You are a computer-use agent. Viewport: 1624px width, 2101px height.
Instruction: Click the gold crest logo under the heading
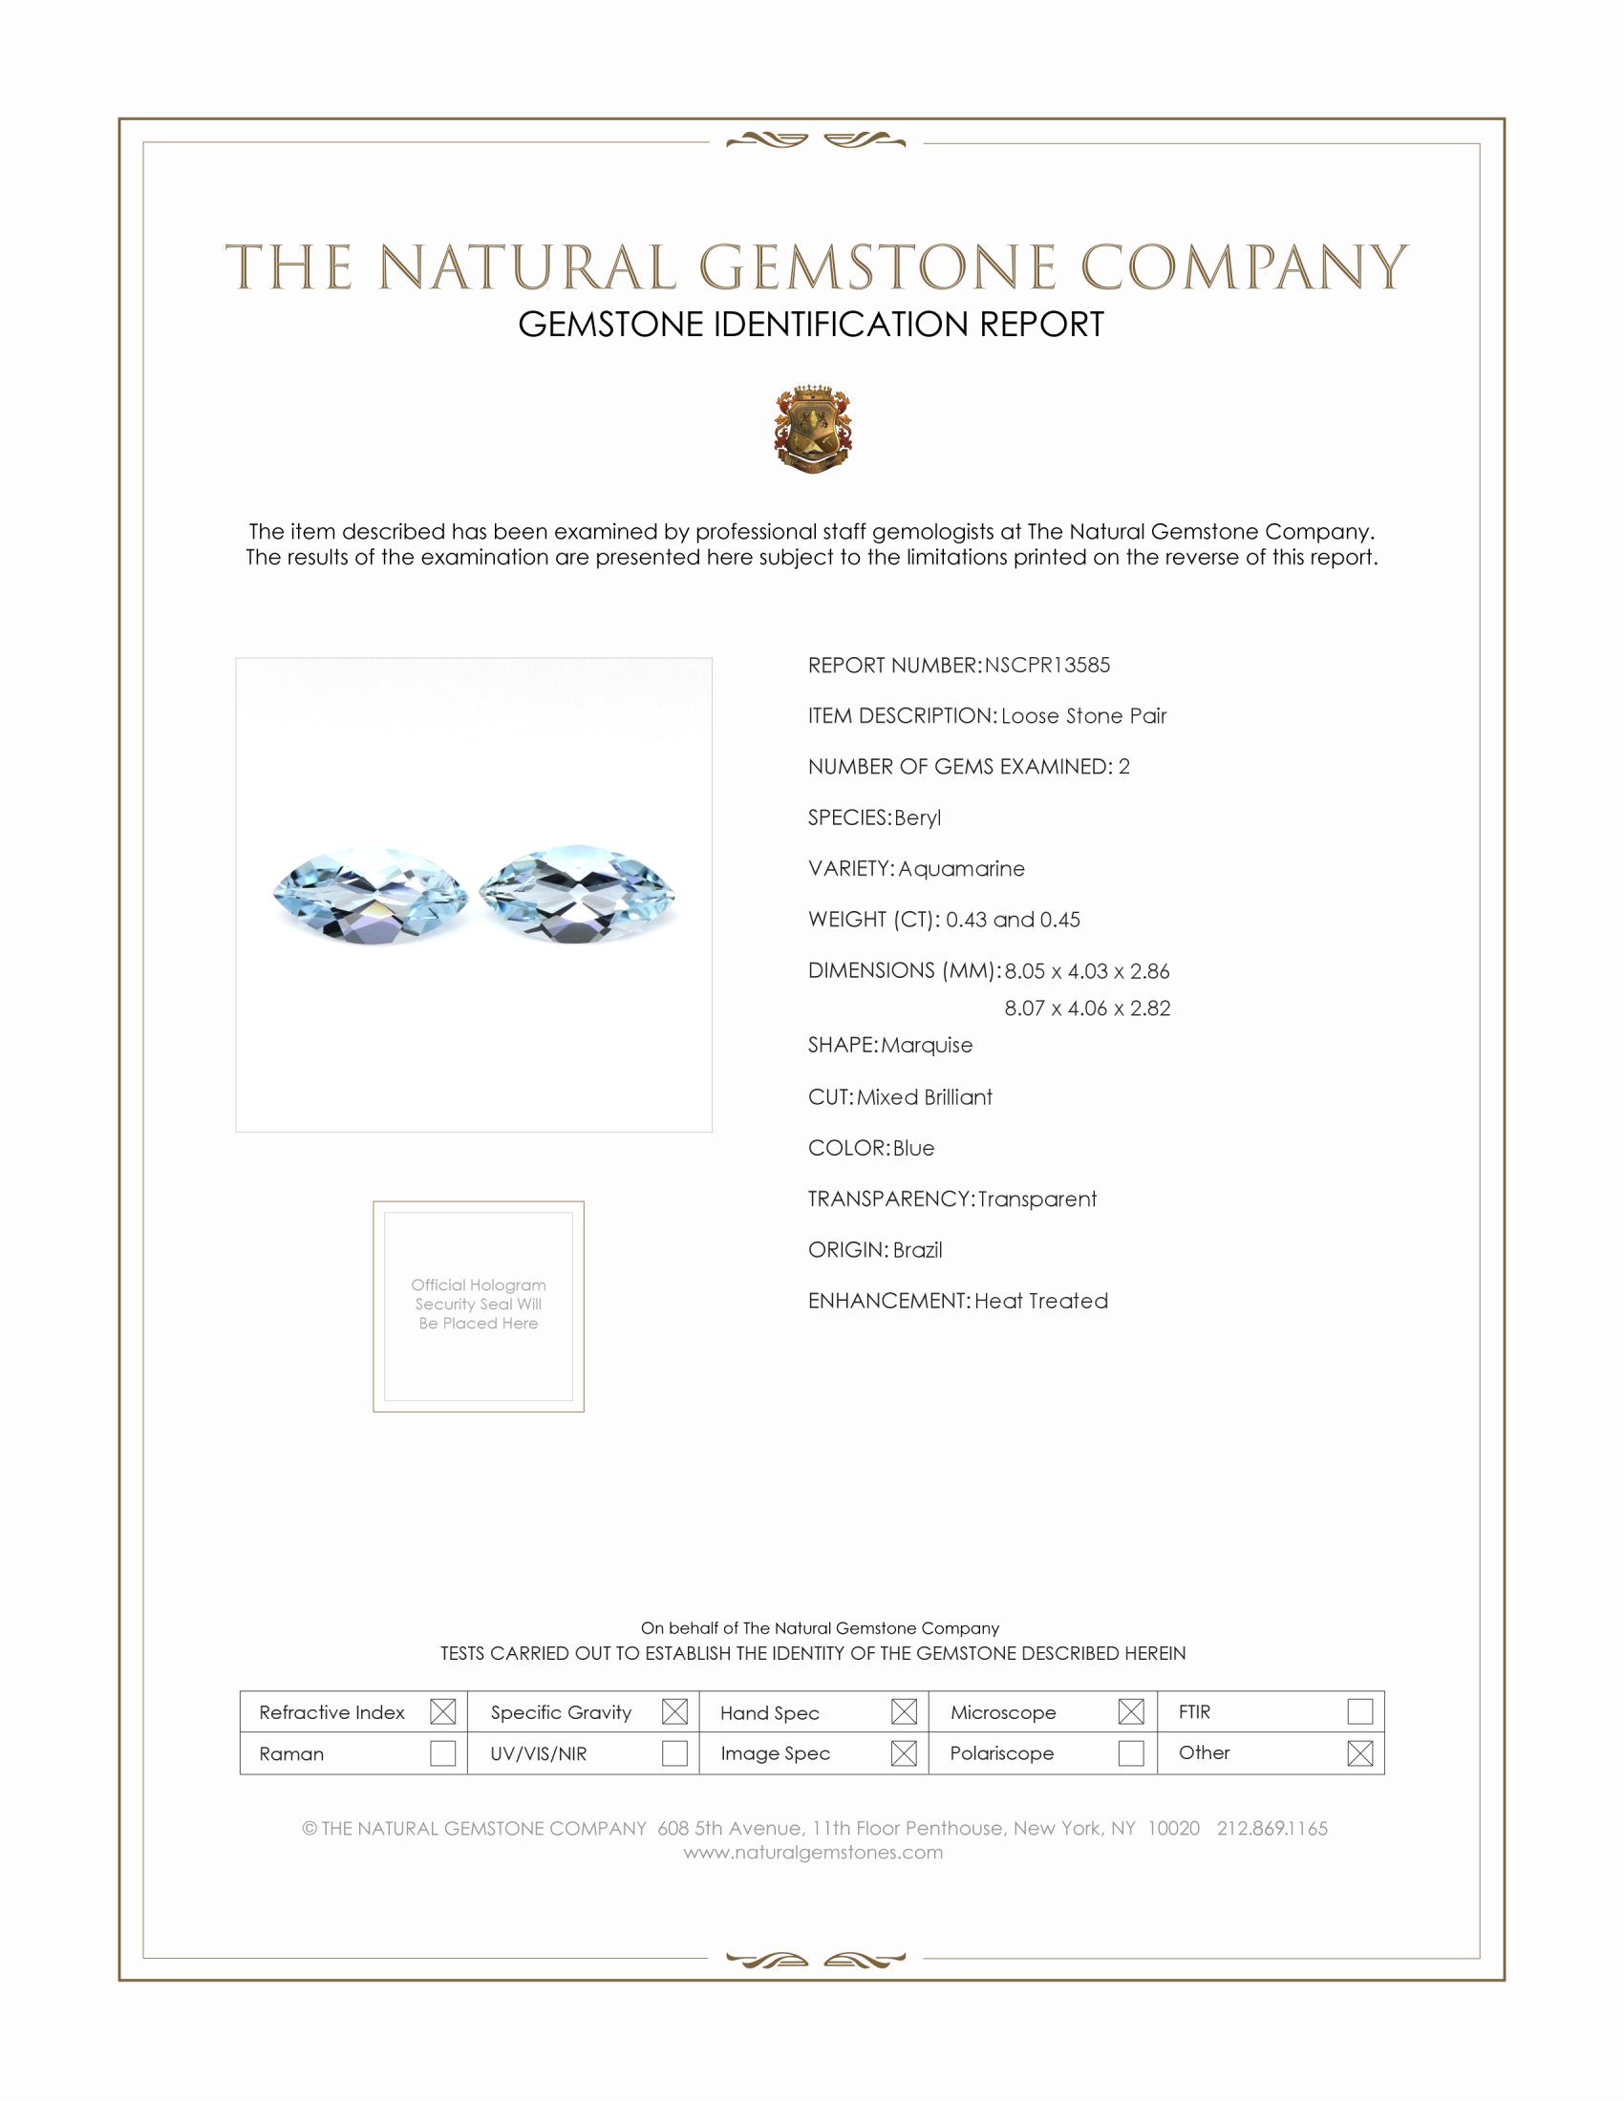click(813, 429)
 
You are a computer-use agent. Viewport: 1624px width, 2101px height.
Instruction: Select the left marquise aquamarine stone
click(372, 895)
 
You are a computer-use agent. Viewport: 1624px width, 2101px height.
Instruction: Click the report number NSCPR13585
click(1047, 665)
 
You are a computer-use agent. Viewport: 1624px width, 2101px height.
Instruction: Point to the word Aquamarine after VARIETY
click(961, 869)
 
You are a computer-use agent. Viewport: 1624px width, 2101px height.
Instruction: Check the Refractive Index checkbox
click(442, 1711)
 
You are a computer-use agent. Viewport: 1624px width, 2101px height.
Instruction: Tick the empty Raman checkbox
click(442, 1752)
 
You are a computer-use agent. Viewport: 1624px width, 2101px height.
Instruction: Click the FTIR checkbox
click(1359, 1711)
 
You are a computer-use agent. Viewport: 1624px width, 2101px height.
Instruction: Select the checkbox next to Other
click(1359, 1752)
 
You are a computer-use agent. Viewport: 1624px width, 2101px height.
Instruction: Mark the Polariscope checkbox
click(1131, 1752)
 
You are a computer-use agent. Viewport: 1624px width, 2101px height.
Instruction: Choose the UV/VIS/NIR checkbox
click(674, 1752)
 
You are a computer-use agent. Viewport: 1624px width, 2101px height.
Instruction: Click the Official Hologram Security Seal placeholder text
click(479, 1304)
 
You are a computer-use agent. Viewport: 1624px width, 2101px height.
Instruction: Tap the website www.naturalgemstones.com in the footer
click(813, 1852)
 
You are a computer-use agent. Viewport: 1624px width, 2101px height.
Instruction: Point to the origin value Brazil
click(917, 1250)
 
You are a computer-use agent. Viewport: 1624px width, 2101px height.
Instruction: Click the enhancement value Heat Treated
click(1041, 1301)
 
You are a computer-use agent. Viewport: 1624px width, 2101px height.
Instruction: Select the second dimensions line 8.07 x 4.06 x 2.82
click(1087, 1008)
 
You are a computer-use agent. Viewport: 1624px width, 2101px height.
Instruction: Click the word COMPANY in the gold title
click(1243, 267)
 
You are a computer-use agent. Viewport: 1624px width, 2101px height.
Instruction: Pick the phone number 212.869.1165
click(1271, 1828)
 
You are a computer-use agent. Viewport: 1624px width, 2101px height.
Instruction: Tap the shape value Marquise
click(927, 1045)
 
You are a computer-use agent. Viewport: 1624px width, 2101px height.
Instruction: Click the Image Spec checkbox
click(904, 1752)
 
